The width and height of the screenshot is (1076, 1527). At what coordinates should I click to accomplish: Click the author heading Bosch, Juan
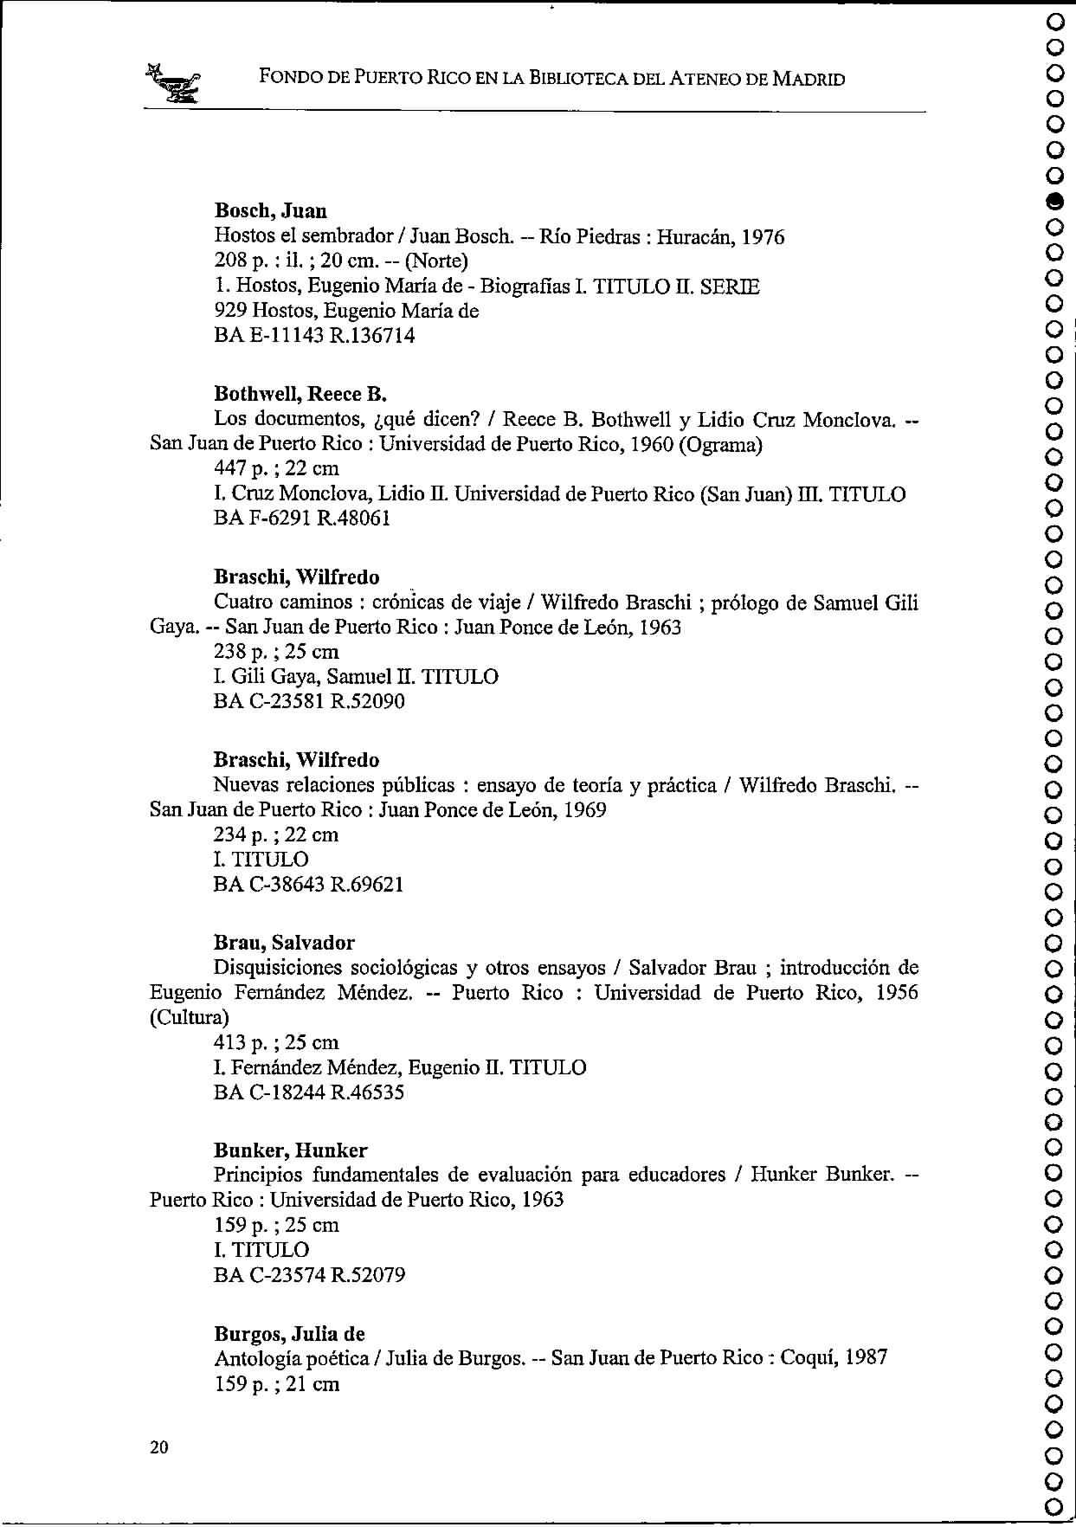click(270, 211)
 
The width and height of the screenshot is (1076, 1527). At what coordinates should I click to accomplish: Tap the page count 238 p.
click(242, 652)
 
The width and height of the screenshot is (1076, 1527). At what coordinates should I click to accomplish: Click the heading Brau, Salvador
click(284, 943)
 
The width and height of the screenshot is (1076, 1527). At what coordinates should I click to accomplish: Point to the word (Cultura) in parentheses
click(190, 1017)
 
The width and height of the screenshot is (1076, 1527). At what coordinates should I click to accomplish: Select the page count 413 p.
click(242, 1042)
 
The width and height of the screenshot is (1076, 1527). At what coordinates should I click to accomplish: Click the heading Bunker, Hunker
click(290, 1150)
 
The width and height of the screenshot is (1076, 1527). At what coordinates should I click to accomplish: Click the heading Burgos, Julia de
click(289, 1334)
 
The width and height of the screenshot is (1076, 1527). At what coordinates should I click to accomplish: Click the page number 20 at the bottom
click(159, 1447)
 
